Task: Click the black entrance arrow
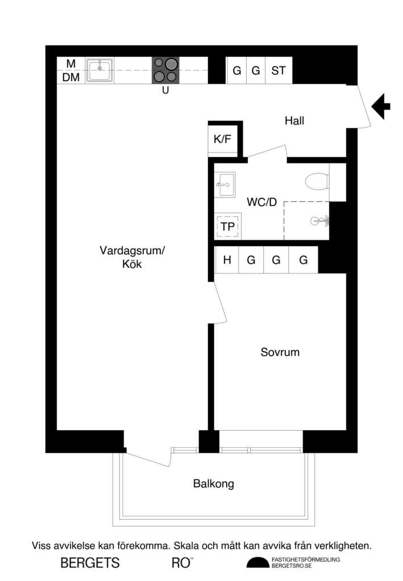click(x=381, y=106)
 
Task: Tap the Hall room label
click(x=294, y=121)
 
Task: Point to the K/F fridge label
click(x=222, y=139)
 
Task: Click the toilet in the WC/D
click(x=317, y=182)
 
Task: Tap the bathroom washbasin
click(x=225, y=185)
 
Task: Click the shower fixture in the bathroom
click(x=319, y=221)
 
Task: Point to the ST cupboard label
click(x=279, y=71)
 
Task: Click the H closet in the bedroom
click(x=227, y=260)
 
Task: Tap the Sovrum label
click(x=280, y=352)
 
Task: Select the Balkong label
click(x=213, y=484)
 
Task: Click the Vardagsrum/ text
click(x=132, y=250)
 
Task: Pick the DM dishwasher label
click(x=71, y=78)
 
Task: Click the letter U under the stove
click(x=165, y=90)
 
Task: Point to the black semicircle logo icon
click(x=258, y=563)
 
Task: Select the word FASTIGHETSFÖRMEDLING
click(x=306, y=559)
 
